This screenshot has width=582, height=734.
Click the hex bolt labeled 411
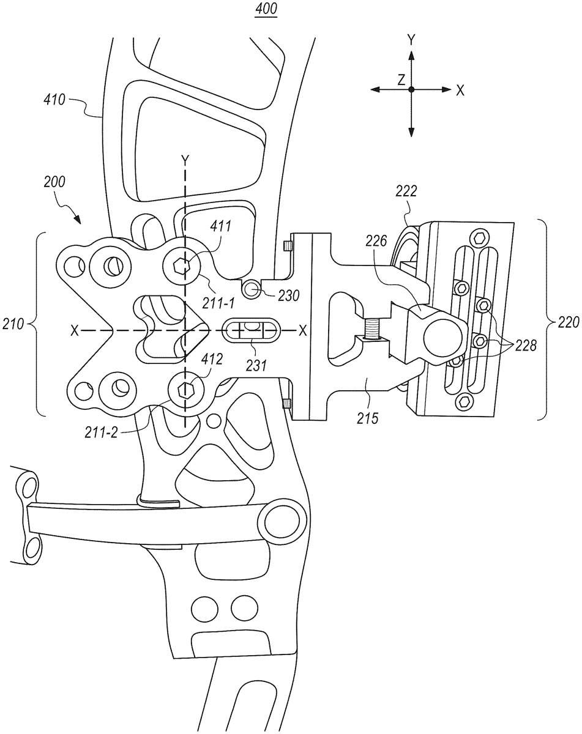tap(181, 265)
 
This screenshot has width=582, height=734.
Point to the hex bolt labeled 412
tap(184, 388)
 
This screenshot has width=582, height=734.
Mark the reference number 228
tap(526, 346)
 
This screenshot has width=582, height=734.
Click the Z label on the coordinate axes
tap(401, 79)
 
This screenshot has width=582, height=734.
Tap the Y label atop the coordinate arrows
tap(412, 40)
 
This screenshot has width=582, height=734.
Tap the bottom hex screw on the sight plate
tap(466, 401)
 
